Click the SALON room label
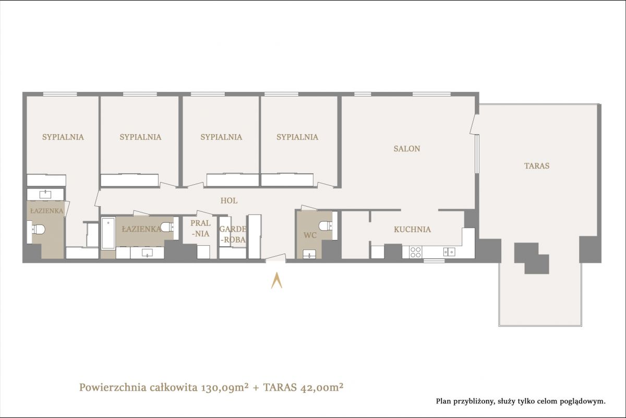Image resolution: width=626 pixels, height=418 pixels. click(406, 149)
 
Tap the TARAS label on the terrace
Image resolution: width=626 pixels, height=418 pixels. click(537, 166)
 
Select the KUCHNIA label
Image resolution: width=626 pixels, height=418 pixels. click(412, 229)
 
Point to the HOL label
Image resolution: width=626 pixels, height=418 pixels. click(229, 200)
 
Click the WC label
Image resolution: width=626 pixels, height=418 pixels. click(310, 235)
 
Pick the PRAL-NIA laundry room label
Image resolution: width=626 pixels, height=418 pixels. click(200, 228)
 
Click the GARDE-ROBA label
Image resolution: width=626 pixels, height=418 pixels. click(233, 234)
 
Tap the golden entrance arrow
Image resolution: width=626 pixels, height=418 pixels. click(276, 280)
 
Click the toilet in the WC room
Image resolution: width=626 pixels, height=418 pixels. click(326, 225)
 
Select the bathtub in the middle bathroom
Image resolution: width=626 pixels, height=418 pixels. click(108, 233)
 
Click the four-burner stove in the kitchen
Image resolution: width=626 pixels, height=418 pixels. click(415, 252)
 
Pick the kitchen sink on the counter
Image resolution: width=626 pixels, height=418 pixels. click(449, 252)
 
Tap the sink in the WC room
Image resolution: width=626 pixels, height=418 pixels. click(309, 254)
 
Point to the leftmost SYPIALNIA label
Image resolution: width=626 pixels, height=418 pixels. click(63, 137)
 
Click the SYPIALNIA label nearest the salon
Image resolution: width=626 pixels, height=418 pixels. click(297, 137)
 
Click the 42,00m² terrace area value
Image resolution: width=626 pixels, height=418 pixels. click(321, 388)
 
